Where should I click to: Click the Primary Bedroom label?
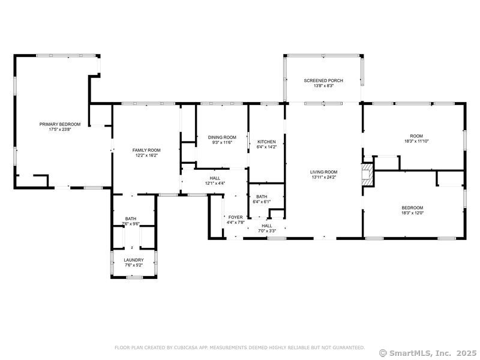(60, 124)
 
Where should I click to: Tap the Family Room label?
(146, 150)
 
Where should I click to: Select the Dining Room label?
(222, 137)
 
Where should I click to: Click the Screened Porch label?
(323, 80)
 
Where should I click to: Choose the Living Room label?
(324, 172)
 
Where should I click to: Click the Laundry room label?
(134, 260)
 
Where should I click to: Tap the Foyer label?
(235, 217)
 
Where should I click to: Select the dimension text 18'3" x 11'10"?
(416, 141)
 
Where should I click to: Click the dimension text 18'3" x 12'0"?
(416, 212)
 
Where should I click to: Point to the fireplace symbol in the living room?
(367, 175)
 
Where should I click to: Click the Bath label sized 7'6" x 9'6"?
(131, 218)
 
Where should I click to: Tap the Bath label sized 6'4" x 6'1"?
(262, 196)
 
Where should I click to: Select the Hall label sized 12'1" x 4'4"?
(215, 178)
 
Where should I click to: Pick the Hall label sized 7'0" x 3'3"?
(267, 226)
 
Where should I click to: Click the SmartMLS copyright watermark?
(428, 352)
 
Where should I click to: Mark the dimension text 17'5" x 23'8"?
(60, 130)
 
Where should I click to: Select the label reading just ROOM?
(416, 136)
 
